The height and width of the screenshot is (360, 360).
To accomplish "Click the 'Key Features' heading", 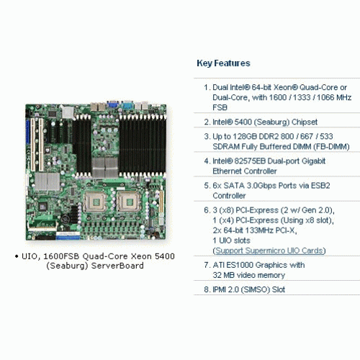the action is coord(223,63).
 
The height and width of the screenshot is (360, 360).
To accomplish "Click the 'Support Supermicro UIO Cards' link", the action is coord(269,251).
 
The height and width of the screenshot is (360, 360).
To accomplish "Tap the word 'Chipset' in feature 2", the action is coord(305,122).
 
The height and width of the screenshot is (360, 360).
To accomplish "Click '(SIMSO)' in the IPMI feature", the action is coord(256,289).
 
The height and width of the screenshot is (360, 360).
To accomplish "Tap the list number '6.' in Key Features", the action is coord(207,210).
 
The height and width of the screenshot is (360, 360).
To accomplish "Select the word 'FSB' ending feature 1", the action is coord(220,107).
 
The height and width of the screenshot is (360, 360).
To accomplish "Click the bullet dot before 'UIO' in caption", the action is coord(17,256).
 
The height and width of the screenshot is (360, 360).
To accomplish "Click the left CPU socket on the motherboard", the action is coord(95,202).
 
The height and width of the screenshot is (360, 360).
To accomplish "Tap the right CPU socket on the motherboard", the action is coord(129,202).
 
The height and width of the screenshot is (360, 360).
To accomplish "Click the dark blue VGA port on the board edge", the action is coord(113,104).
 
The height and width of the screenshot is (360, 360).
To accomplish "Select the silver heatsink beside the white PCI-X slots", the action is coord(48,181).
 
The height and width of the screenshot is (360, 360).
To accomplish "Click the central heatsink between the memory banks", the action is coord(105,167).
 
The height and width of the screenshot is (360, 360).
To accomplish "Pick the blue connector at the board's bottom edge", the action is coord(68,238).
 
